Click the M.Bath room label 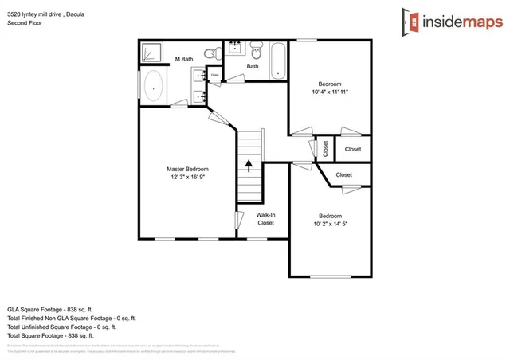click(x=184, y=59)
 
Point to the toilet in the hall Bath click(x=256, y=53)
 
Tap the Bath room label click(x=252, y=66)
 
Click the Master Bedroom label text click(x=187, y=169)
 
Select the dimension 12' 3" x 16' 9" click(x=187, y=178)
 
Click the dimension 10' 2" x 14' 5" click(x=330, y=224)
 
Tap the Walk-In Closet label click(x=265, y=219)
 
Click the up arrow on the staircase click(x=249, y=166)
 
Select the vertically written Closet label click(x=325, y=149)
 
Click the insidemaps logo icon click(x=410, y=22)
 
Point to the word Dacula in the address click(x=75, y=13)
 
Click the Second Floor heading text click(x=25, y=22)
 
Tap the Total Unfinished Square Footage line click(x=62, y=327)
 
